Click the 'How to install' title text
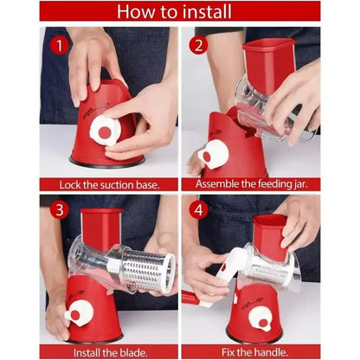point(180,12)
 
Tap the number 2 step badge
point(200,44)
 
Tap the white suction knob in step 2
point(214,155)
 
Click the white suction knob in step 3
point(80,313)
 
